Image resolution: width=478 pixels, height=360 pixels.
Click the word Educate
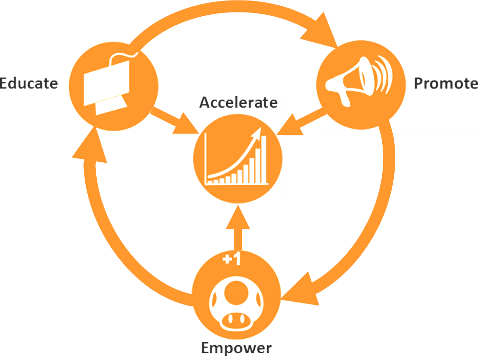pyautogui.click(x=29, y=83)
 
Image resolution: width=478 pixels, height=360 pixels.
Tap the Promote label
pyautogui.click(x=445, y=83)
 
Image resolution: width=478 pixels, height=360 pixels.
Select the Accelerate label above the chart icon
pyautogui.click(x=238, y=102)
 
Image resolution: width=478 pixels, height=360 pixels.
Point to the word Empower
pyautogui.click(x=236, y=348)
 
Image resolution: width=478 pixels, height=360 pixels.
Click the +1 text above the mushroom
pyautogui.click(x=232, y=259)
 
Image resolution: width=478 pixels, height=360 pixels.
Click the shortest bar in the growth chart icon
pyautogui.click(x=209, y=181)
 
